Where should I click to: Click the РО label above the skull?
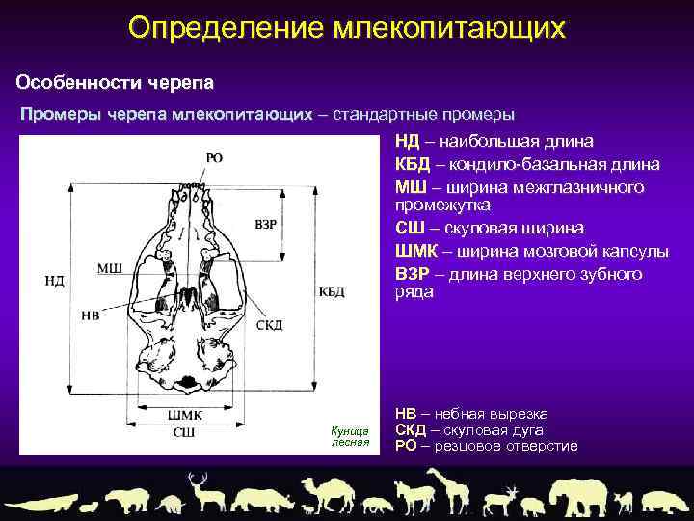pyautogui.click(x=214, y=158)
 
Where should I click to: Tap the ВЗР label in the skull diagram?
pyautogui.click(x=266, y=224)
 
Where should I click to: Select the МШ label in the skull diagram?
pyautogui.click(x=109, y=267)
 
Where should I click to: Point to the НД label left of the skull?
pyautogui.click(x=54, y=281)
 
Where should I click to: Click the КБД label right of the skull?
pyautogui.click(x=332, y=290)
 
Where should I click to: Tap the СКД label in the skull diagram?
pyautogui.click(x=269, y=325)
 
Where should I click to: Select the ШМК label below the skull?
pyautogui.click(x=184, y=415)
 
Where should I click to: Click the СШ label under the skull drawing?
pyautogui.click(x=183, y=431)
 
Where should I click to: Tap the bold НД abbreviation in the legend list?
pyautogui.click(x=407, y=142)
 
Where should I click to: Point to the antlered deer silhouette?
pyautogui.click(x=202, y=493)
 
